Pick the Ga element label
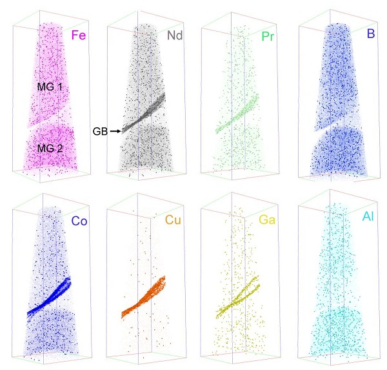pos(267,221)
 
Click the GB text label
pos(99,131)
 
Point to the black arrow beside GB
pos(116,131)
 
